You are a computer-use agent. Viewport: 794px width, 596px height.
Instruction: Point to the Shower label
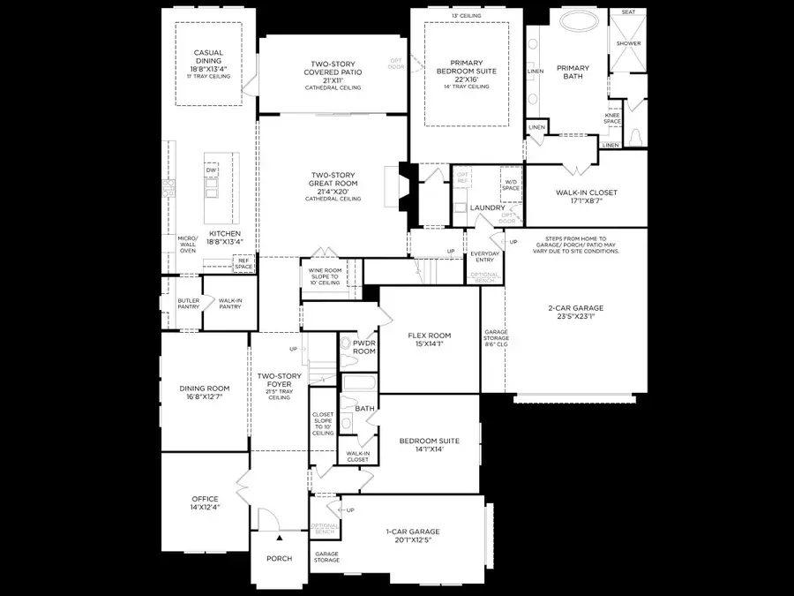pos(628,42)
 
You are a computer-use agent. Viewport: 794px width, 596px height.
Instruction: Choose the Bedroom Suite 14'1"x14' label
pos(427,444)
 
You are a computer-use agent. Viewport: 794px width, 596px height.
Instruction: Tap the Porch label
pos(279,558)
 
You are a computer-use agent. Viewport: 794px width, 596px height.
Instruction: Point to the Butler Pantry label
pos(189,304)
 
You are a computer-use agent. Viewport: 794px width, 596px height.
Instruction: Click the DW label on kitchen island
pos(211,170)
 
